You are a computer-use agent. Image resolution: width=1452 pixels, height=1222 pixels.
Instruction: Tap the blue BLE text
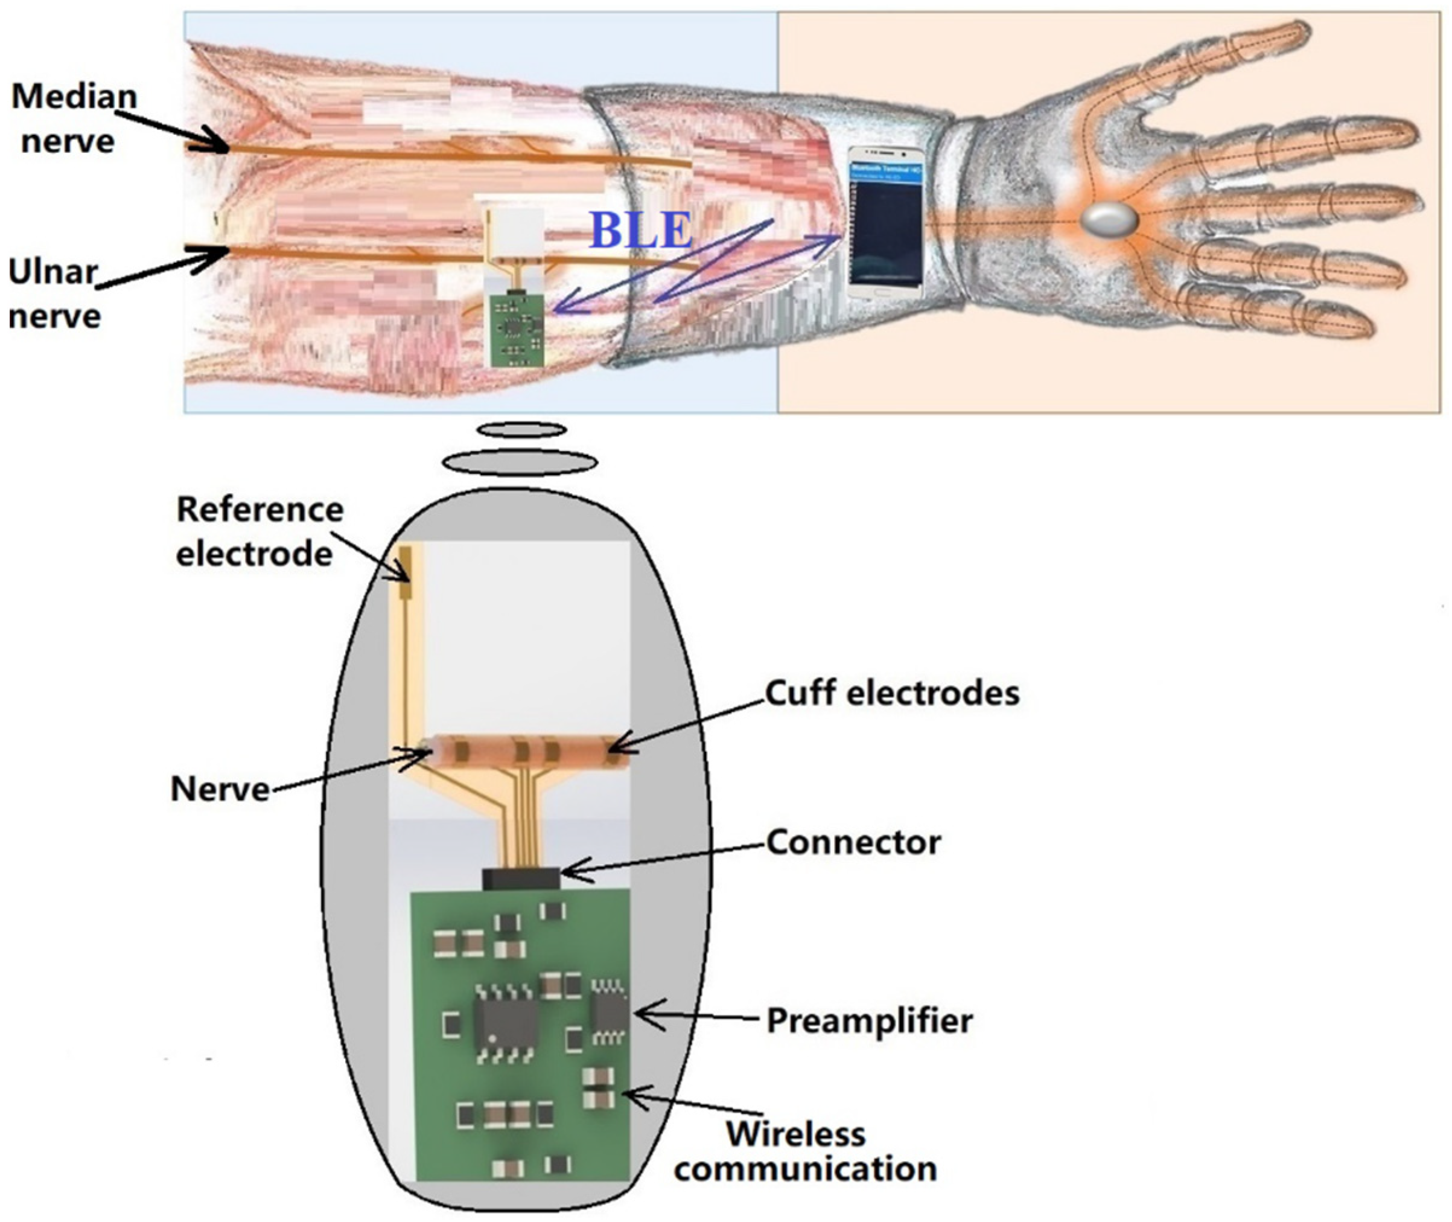pyautogui.click(x=641, y=231)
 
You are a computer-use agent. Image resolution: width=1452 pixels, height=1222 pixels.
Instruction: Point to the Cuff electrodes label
pyautogui.click(x=892, y=692)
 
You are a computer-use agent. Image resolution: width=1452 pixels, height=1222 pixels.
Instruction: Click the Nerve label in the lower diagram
pyautogui.click(x=220, y=789)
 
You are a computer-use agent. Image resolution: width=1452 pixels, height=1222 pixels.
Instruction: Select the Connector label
pyautogui.click(x=853, y=842)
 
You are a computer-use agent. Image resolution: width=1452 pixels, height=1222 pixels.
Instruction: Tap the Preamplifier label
pyautogui.click(x=869, y=1020)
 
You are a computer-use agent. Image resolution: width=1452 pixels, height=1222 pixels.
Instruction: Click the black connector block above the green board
pyautogui.click(x=520, y=878)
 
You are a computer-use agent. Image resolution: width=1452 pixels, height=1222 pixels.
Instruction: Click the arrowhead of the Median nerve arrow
pyautogui.click(x=226, y=147)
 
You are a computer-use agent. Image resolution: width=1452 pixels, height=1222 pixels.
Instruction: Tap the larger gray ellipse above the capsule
pyautogui.click(x=520, y=462)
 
